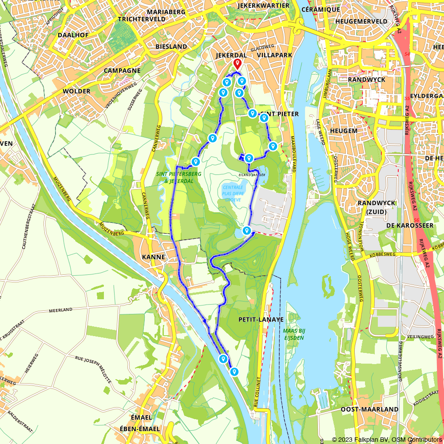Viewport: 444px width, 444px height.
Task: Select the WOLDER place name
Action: pos(76,91)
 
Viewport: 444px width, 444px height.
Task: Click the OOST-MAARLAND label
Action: pos(363,409)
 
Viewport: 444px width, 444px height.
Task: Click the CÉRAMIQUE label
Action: pos(321,9)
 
